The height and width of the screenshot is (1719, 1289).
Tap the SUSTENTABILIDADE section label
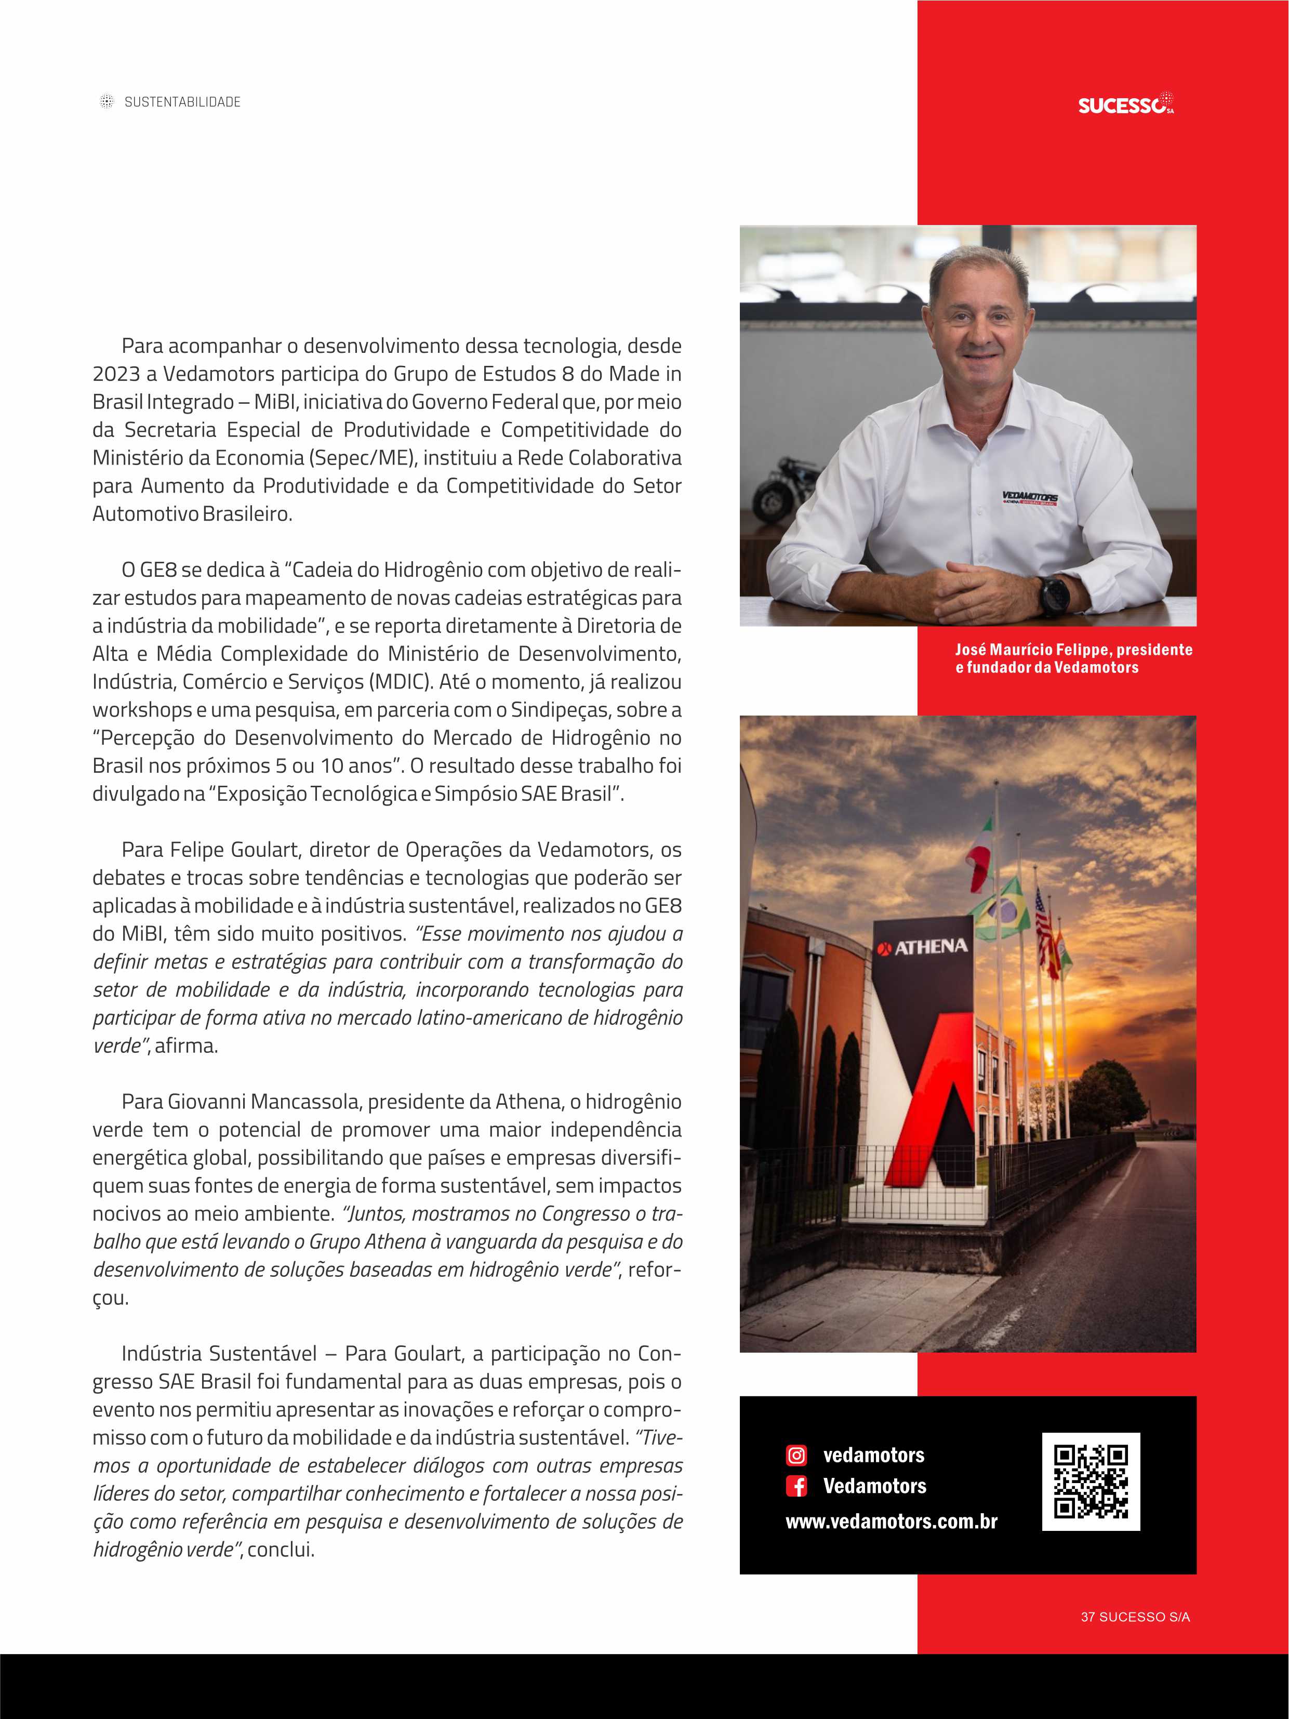click(x=182, y=102)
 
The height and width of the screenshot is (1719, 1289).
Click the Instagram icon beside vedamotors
click(x=796, y=1455)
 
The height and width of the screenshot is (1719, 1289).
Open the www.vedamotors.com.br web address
click(x=891, y=1521)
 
